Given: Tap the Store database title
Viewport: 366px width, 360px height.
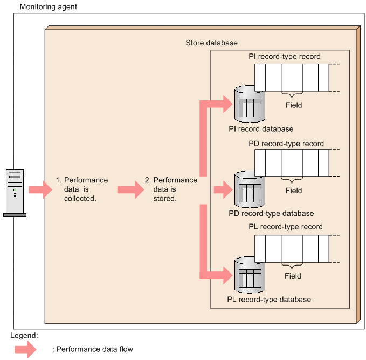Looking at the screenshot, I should click(x=211, y=43).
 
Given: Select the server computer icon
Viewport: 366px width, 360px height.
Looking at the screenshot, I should click(x=15, y=192).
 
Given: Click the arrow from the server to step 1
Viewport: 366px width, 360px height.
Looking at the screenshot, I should click(x=39, y=189).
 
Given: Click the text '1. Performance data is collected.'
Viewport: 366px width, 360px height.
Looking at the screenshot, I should click(x=82, y=189).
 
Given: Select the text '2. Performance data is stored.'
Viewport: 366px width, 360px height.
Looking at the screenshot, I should click(x=175, y=189).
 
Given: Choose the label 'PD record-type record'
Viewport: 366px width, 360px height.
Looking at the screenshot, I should click(x=286, y=144).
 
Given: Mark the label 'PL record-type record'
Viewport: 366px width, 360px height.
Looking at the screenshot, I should click(x=286, y=227).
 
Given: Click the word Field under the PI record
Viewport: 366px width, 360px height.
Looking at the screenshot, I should click(x=294, y=105).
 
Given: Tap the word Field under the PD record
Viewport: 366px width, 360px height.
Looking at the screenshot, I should click(x=294, y=191).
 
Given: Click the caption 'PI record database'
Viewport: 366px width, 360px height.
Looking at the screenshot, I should click(x=261, y=129).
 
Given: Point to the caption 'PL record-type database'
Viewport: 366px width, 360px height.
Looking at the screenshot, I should click(x=269, y=299).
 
